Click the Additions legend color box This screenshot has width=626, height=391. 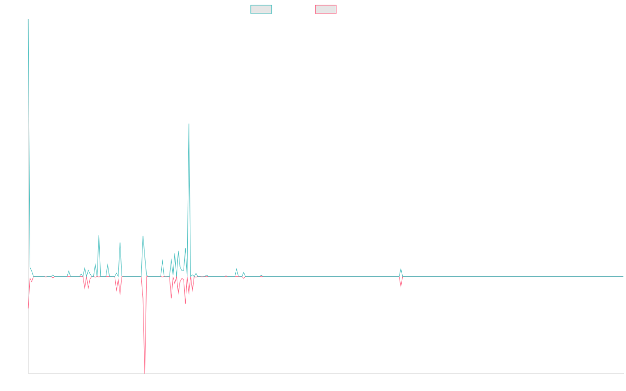coord(261,9)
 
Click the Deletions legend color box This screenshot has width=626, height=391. coord(326,9)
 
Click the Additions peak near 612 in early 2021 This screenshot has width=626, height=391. coord(188,124)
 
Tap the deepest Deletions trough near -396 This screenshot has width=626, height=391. coord(144,373)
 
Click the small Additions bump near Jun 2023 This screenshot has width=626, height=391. coord(401,269)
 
